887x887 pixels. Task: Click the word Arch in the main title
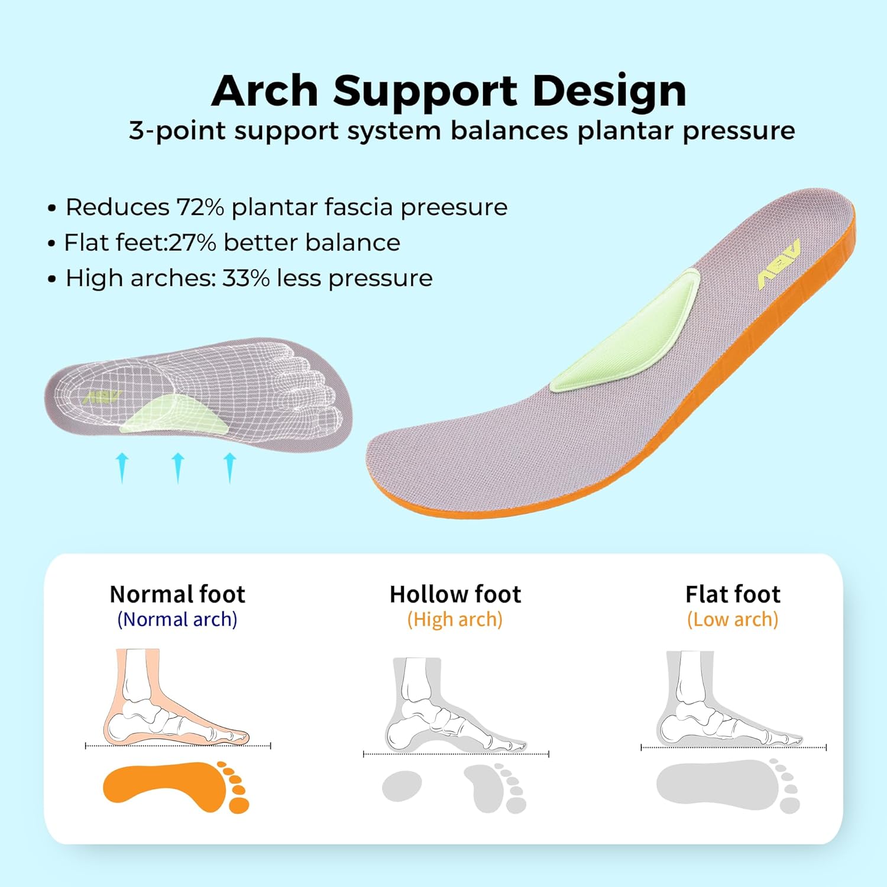[264, 92]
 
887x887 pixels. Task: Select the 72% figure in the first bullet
[200, 208]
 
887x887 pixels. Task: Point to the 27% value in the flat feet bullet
[192, 243]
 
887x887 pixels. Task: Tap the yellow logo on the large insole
[779, 264]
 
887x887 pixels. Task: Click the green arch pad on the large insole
[627, 334]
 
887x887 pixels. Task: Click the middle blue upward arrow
[178, 467]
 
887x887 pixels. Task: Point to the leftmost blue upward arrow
[122, 467]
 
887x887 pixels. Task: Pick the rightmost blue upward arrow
[230, 467]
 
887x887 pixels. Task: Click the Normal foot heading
[177, 594]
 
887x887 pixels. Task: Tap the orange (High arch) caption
[455, 620]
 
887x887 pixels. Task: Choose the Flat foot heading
[733, 594]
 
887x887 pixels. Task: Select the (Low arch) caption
[733, 620]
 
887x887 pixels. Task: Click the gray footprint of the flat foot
[718, 785]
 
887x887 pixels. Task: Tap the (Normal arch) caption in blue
[177, 620]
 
